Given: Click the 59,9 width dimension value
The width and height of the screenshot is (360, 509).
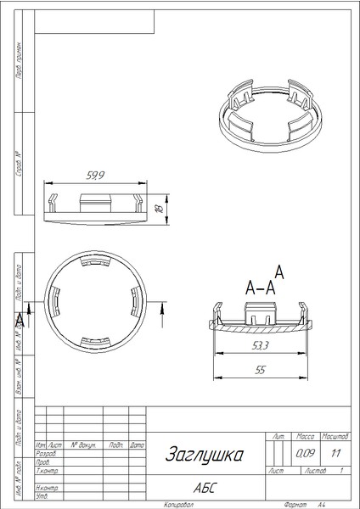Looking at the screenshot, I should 96,176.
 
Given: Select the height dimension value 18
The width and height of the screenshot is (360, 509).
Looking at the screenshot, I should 158,206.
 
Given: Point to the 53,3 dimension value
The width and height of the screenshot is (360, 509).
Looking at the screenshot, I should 262,345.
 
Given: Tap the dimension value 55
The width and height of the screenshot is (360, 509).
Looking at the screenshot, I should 262,370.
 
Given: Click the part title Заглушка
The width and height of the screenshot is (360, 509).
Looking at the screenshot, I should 203,455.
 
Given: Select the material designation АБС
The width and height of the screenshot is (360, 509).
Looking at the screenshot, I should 204,488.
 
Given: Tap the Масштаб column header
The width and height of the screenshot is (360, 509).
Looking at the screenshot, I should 333,434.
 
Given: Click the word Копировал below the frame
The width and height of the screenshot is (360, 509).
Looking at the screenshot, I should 179,503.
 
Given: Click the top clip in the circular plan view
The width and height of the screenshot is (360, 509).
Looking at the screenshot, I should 93,264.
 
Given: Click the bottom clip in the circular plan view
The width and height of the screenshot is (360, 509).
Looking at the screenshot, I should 93,343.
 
